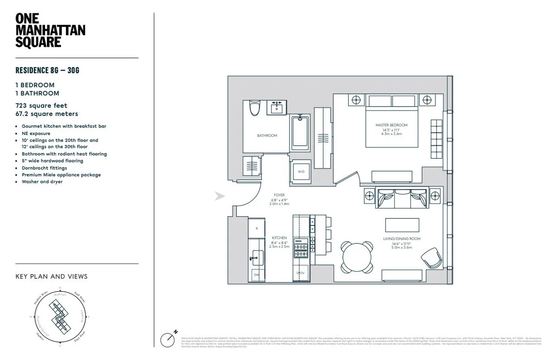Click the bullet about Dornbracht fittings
pyautogui.click(x=44, y=168)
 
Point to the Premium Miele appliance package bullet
pyautogui.click(x=61, y=175)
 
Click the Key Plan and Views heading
pyautogui.click(x=52, y=276)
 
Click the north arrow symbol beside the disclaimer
pyautogui.click(x=168, y=339)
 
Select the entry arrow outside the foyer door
pyautogui.click(x=219, y=197)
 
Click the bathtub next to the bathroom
pyautogui.click(x=301, y=135)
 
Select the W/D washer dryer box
pyautogui.click(x=301, y=172)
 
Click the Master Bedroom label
pyautogui.click(x=391, y=125)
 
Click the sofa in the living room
pyautogui.click(x=402, y=198)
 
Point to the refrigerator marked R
pyautogui.click(x=256, y=228)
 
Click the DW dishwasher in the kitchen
pyautogui.click(x=256, y=275)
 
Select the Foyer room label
pyautogui.click(x=279, y=195)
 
